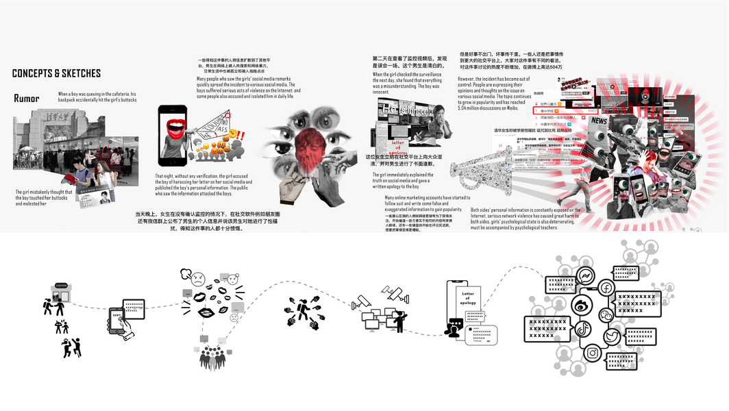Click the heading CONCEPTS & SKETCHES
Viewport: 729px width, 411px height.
[56, 73]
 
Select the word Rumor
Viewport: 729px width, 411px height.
[27, 99]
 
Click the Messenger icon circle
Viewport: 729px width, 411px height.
[585, 276]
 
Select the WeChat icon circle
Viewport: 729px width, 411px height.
[607, 314]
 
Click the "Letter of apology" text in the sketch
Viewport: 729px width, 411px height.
[468, 297]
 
